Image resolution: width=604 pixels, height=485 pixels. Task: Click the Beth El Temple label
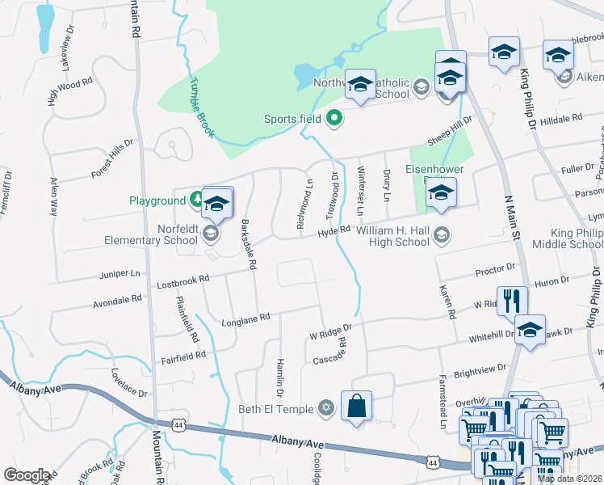point(275,409)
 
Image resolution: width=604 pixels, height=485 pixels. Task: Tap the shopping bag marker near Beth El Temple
point(357,406)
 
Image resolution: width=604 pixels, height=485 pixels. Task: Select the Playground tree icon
point(195,200)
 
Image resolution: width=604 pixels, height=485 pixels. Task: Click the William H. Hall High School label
point(392,235)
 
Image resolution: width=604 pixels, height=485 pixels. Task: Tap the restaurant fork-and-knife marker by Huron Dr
point(511,302)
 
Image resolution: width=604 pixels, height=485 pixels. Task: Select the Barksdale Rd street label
point(249,242)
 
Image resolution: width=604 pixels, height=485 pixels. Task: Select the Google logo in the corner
point(27,475)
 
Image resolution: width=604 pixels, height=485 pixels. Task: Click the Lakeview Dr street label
point(66,62)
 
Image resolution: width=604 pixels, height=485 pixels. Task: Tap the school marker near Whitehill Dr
point(530,329)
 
